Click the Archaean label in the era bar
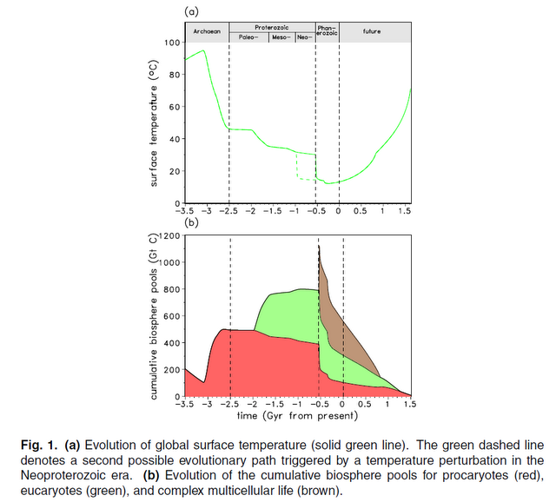tap(207, 31)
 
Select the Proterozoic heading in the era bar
tap(271, 28)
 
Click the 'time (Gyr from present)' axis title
tap(297, 416)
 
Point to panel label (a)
tap(192, 10)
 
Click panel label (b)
tap(192, 222)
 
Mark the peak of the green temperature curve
tap(204, 50)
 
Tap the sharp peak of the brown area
tap(319, 247)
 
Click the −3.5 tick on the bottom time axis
tap(185, 405)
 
